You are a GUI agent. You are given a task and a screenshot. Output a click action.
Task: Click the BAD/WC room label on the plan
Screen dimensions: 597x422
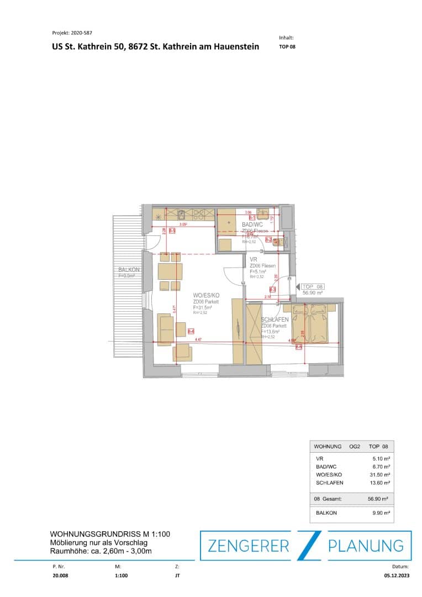tap(252, 224)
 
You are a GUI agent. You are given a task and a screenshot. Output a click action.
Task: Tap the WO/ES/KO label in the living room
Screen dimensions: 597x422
tap(205, 296)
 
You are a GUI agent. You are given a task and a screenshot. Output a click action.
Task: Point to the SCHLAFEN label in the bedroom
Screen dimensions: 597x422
tap(275, 320)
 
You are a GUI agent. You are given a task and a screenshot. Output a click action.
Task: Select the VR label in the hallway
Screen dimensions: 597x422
tap(254, 259)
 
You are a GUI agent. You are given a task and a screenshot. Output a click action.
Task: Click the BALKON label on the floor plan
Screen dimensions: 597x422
tap(129, 269)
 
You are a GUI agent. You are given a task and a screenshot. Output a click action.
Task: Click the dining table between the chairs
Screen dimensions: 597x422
tap(170, 271)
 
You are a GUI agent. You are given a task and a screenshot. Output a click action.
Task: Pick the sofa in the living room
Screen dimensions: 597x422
tap(164, 329)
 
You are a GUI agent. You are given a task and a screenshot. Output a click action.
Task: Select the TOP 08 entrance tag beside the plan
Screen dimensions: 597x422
tap(313, 287)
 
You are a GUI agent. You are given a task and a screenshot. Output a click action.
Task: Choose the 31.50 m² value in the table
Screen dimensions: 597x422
tap(380, 474)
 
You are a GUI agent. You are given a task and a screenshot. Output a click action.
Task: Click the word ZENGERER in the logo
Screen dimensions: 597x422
tap(248, 546)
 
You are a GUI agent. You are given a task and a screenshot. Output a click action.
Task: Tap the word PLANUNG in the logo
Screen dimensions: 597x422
tap(366, 546)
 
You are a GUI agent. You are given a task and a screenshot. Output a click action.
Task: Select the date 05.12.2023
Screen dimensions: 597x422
tap(397, 575)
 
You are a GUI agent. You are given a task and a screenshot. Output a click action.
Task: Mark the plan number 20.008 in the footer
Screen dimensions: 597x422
tap(59, 575)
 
